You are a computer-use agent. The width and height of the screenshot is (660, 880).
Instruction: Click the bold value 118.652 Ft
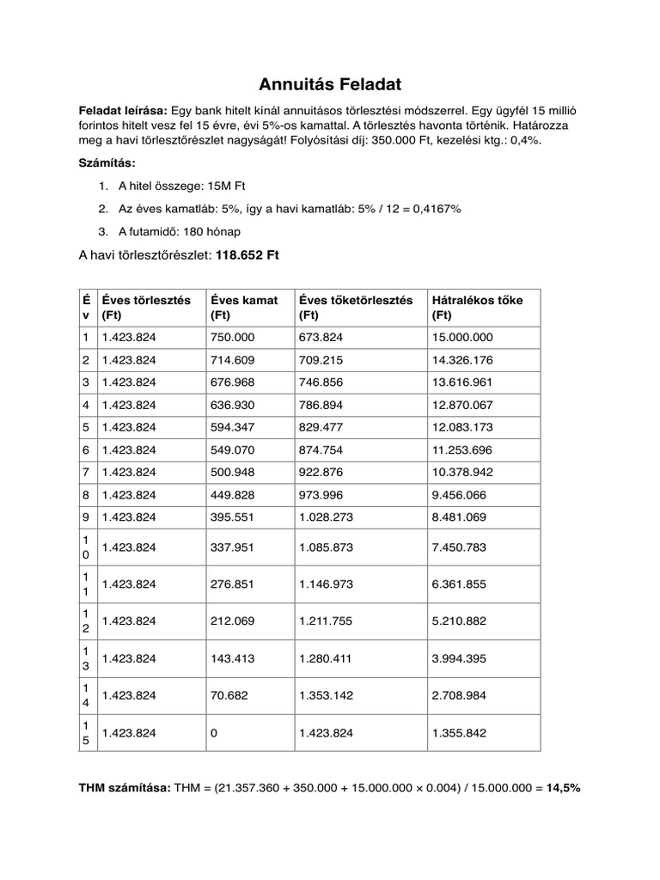(x=247, y=255)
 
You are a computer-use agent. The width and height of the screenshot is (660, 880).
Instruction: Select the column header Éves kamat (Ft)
(x=244, y=308)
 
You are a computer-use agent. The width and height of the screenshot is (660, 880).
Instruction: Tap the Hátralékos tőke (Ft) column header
(x=478, y=308)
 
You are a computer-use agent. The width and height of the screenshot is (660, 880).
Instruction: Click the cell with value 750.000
(x=232, y=338)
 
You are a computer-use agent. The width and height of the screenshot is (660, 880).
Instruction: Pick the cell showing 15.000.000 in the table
(x=464, y=338)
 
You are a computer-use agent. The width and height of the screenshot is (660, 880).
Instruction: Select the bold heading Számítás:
(x=107, y=162)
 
